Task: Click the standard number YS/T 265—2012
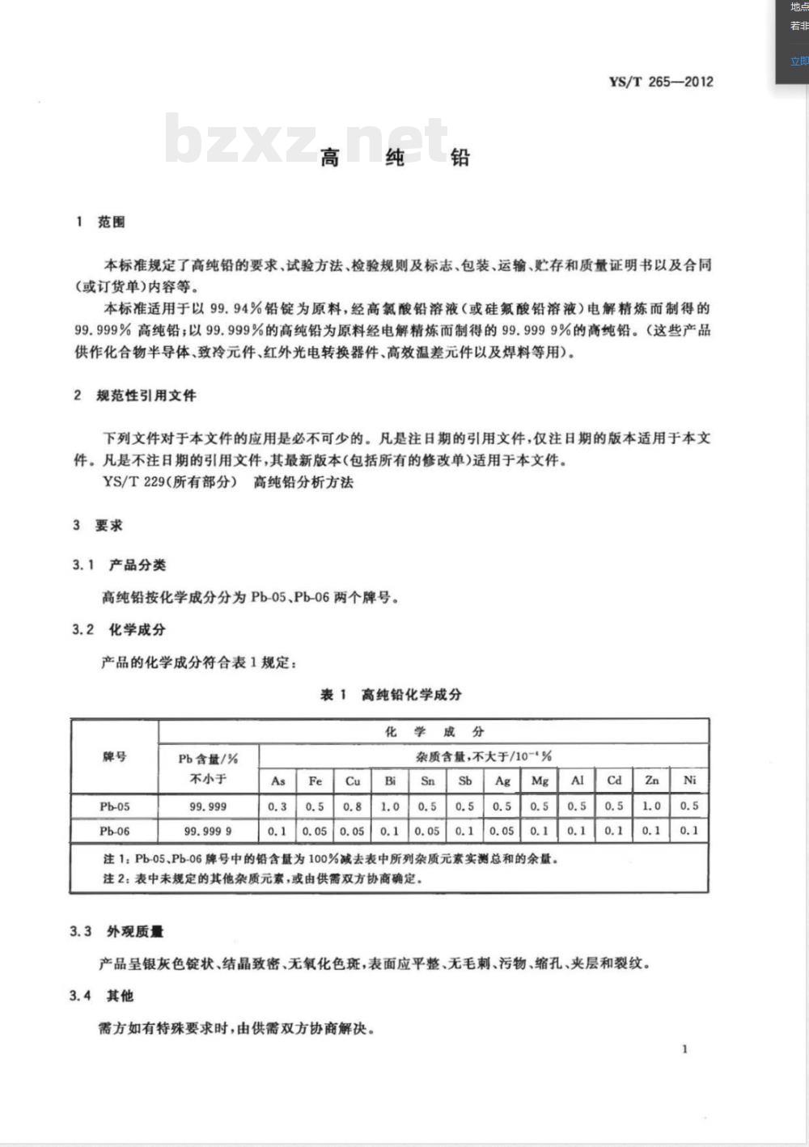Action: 661,82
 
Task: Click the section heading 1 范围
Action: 100,222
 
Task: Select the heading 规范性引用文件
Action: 146,396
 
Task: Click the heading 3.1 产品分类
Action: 119,565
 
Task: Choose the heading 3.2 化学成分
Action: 119,629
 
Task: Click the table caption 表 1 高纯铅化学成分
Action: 391,694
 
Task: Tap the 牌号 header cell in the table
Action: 114,757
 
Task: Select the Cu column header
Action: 353,781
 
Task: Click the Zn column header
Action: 651,781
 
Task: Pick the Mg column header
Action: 540,781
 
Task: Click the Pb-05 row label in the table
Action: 114,806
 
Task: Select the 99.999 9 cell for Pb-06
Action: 208,831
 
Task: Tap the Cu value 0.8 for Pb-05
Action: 353,806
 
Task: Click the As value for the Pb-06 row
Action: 277,831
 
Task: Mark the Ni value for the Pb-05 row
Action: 689,806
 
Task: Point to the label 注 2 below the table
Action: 115,878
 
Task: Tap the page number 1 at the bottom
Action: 685,1049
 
